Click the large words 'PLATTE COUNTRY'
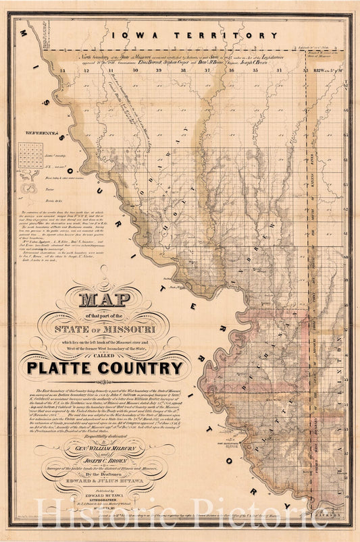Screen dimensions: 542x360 coord(105,368)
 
